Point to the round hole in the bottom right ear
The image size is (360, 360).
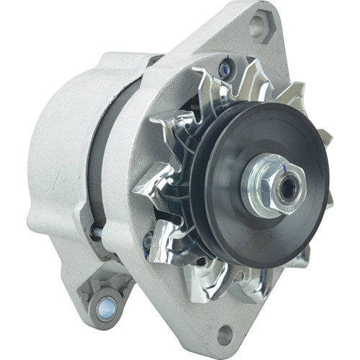(225, 333)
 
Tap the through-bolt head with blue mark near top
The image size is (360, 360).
(225, 69)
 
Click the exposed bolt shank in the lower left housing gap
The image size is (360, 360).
(95, 232)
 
